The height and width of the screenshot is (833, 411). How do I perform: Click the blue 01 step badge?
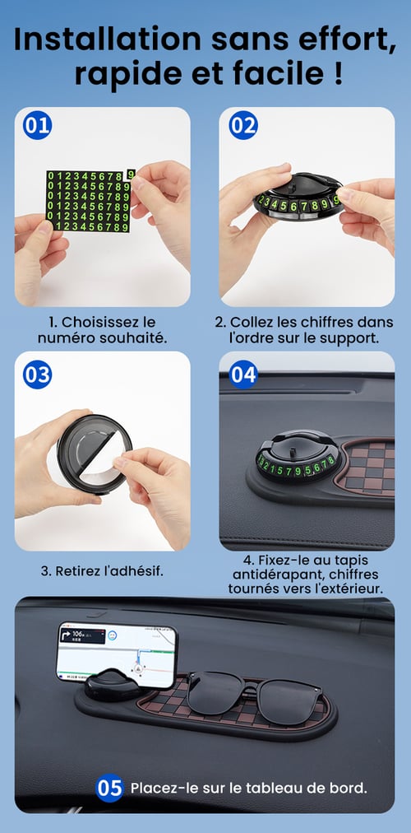coord(37,125)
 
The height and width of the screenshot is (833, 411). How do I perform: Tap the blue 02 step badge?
coord(242,125)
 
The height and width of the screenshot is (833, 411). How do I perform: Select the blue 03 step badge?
coord(37,375)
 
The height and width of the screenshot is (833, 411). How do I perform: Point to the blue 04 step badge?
coord(242,375)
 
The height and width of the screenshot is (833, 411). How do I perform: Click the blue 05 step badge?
coord(110,789)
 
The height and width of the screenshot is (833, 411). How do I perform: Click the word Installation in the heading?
coord(107,40)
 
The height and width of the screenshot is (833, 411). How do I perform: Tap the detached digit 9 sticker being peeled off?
coord(131,175)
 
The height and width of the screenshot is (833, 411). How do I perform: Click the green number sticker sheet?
coord(88,201)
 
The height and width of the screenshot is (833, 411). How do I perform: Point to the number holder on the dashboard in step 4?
coord(298,456)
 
